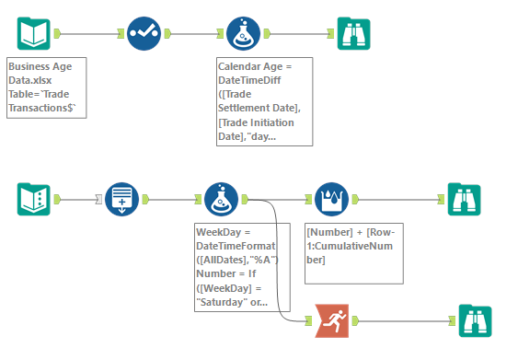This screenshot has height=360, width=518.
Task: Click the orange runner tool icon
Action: pos(331,320)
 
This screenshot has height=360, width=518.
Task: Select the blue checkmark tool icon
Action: pos(144,33)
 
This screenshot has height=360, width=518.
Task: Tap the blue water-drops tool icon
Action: pos(331,200)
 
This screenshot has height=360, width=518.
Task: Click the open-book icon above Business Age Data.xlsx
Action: pos(34,33)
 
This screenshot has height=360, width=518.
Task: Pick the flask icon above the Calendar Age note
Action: pos(243,33)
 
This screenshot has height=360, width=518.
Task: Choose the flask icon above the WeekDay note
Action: pos(221,200)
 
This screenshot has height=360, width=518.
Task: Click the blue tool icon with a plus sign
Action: pos(121,200)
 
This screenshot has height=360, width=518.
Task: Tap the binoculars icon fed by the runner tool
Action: pos(475,321)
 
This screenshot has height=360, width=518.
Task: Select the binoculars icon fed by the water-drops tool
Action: pos(464,200)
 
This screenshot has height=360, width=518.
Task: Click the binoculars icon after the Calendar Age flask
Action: pos(354,33)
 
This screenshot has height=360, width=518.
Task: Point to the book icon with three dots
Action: pos(34,200)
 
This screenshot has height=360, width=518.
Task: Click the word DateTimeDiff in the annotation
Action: pos(249,80)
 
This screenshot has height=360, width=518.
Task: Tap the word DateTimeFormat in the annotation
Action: pos(236,246)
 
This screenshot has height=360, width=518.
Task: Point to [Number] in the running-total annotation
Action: pos(329,232)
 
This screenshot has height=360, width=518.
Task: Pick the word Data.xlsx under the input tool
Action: pos(30,80)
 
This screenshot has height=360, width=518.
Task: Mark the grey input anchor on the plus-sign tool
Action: pos(98,200)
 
